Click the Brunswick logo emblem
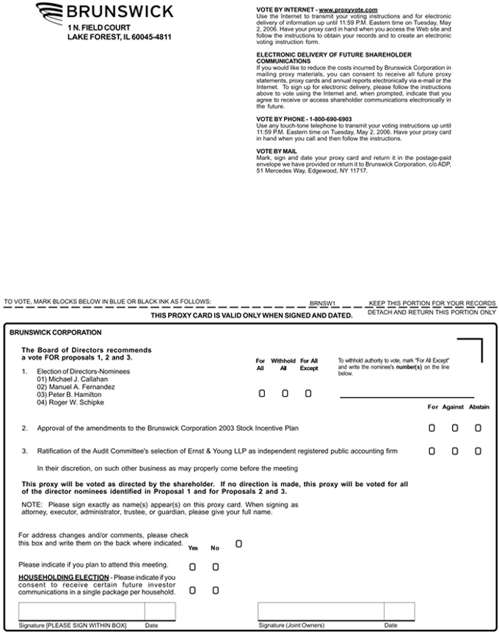(x=49, y=13)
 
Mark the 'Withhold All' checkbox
(x=285, y=393)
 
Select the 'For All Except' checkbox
(x=308, y=393)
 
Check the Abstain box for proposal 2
(x=478, y=427)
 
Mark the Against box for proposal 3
(x=455, y=451)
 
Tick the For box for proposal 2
(x=431, y=427)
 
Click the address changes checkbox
(x=238, y=544)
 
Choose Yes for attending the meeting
(x=192, y=567)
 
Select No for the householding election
(x=216, y=590)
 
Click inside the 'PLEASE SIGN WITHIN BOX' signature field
(x=81, y=611)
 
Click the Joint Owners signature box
(x=320, y=611)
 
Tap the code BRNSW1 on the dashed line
(x=322, y=302)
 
